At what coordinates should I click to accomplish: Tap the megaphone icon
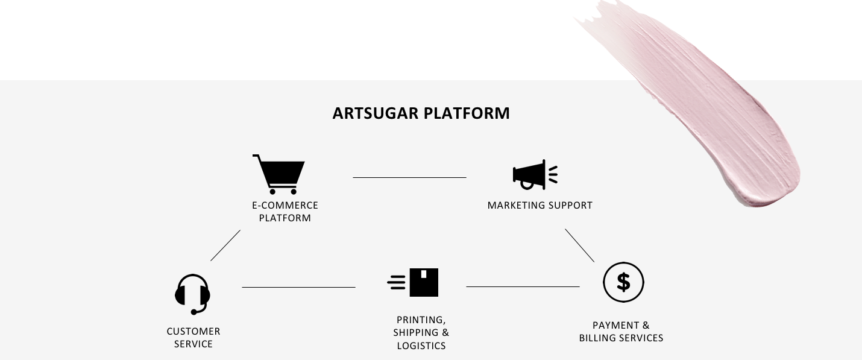tap(535, 175)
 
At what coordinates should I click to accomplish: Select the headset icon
tap(192, 294)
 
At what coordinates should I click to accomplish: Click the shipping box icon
tap(413, 282)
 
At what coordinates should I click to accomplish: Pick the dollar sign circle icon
tap(623, 282)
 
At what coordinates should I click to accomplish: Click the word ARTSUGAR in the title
tap(375, 113)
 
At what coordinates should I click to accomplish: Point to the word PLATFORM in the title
tap(467, 113)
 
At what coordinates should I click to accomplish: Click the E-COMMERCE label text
tap(285, 205)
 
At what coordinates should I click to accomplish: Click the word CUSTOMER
tap(193, 332)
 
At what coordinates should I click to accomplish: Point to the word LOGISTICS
tap(421, 346)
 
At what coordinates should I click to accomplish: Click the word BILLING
tap(597, 338)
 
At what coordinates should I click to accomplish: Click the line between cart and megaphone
tap(409, 177)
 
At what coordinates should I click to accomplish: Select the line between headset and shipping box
tap(298, 287)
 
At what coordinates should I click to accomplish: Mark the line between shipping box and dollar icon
tap(523, 287)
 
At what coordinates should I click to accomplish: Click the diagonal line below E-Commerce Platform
tap(225, 245)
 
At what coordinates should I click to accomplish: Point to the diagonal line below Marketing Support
tap(579, 245)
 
